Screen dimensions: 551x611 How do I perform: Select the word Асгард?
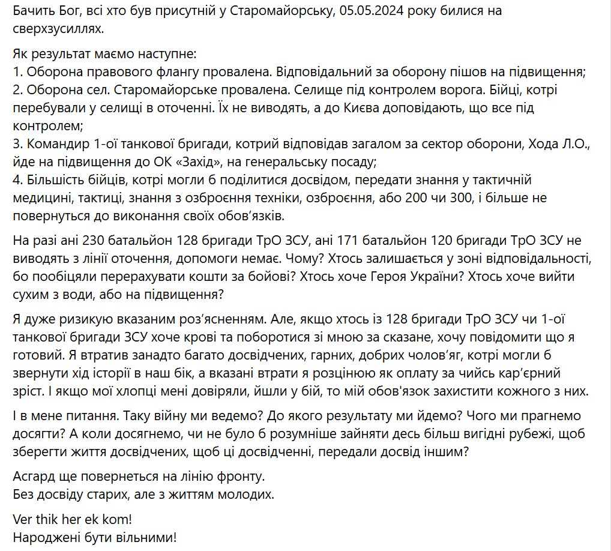pyautogui.click(x=35, y=477)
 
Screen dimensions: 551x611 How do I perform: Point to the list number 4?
pyautogui.click(x=17, y=181)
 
